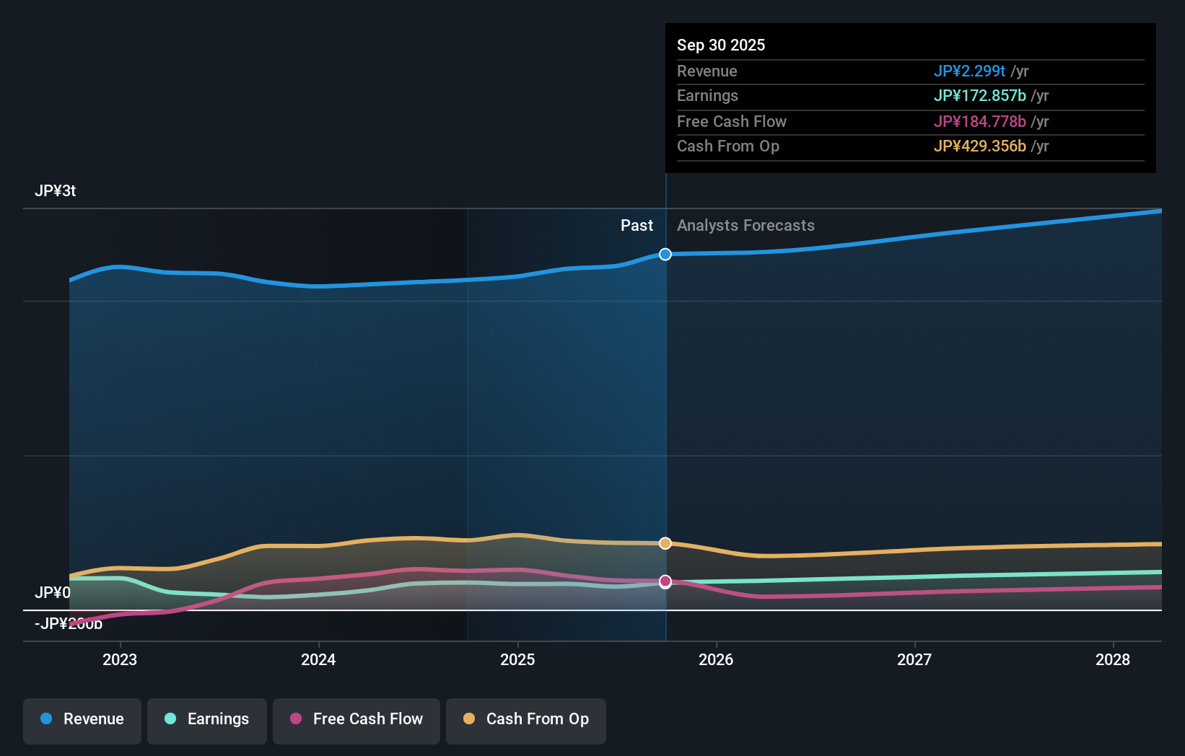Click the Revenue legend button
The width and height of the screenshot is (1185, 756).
point(82,719)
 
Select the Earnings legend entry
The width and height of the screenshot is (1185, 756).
point(207,719)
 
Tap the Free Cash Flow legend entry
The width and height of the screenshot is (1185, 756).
point(357,719)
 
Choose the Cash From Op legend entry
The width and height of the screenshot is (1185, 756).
point(526,719)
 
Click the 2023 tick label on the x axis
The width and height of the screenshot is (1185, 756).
point(120,659)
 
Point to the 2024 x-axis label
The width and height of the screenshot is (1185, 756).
point(318,659)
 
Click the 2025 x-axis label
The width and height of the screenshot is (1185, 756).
point(517,659)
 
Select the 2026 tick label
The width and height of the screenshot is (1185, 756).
point(716,659)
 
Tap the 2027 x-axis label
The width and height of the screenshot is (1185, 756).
point(914,659)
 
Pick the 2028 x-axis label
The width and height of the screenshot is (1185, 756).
point(1113,659)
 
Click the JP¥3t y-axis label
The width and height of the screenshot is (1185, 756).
point(56,191)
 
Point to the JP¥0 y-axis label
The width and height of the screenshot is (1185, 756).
point(53,592)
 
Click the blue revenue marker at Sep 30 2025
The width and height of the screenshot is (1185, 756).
point(665,255)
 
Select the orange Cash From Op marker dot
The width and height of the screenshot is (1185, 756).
point(665,543)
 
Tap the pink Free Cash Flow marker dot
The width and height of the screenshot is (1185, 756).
point(665,581)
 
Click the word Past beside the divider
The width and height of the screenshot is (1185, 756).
point(637,226)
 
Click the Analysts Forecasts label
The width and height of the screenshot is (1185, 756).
point(745,226)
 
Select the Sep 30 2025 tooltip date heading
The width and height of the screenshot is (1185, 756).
point(721,45)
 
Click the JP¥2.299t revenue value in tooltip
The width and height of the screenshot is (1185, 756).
point(969,71)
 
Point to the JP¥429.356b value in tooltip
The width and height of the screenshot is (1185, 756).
point(979,146)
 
